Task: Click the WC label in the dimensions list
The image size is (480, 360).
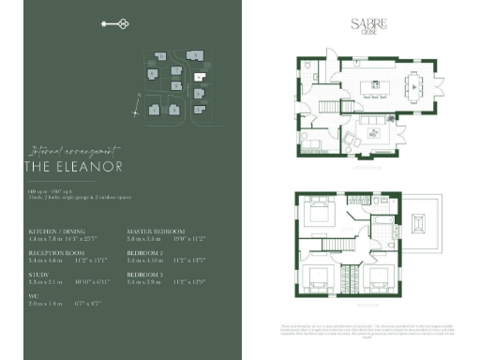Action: (x=33, y=295)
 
